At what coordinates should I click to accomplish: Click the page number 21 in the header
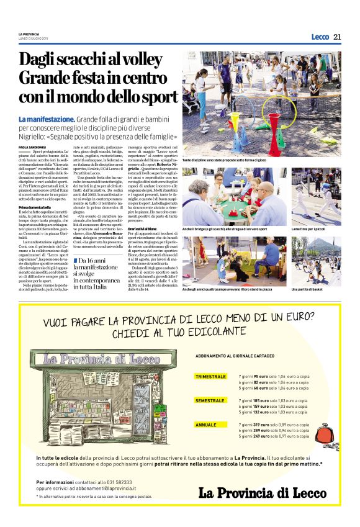pos(338,37)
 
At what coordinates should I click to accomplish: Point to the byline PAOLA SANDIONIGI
pos(32,146)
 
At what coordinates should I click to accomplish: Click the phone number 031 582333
pos(104,481)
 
